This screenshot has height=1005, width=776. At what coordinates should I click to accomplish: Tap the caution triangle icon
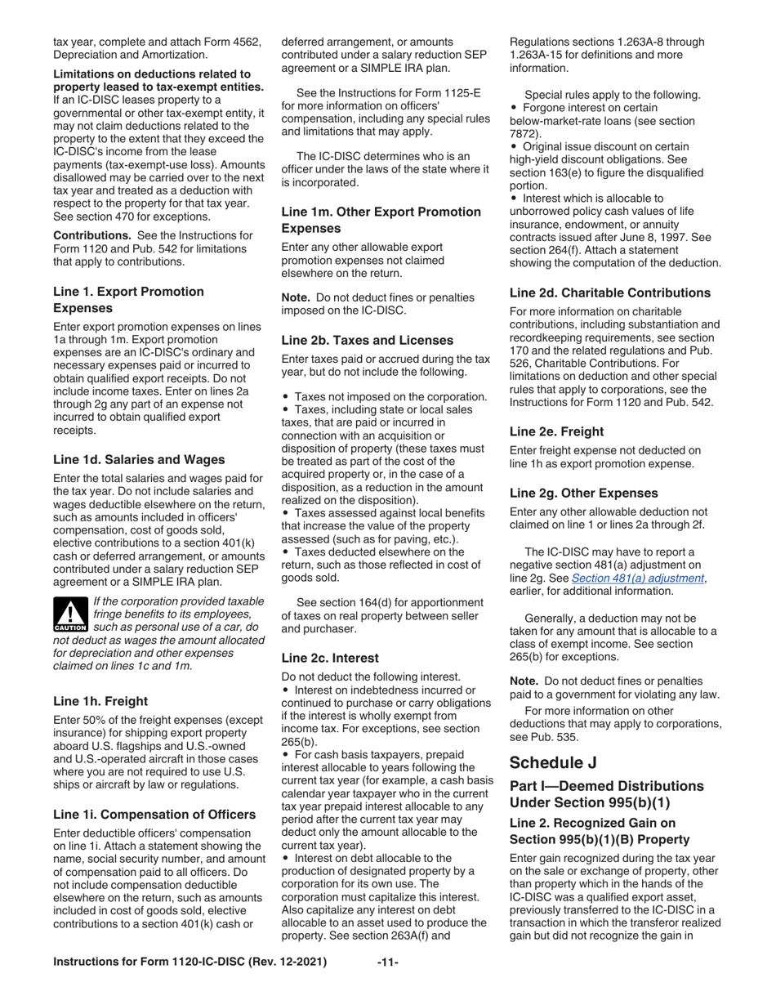coord(69,615)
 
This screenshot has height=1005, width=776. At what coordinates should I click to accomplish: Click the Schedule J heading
coord(552,762)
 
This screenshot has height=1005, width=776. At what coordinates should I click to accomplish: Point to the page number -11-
coord(387,962)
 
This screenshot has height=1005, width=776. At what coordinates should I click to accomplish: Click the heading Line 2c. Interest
coord(329,657)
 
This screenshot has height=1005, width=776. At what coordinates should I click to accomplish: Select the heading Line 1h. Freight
coord(100,700)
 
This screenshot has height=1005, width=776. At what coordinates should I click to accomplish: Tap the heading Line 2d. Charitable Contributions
coord(609,292)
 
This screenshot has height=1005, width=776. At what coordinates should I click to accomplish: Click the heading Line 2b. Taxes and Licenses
coord(367,339)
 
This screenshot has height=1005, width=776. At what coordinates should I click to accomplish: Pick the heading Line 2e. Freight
coord(556,431)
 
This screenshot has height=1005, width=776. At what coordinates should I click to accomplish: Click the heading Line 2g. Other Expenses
coord(583,493)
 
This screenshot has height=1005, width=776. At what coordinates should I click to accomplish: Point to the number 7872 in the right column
coord(524,134)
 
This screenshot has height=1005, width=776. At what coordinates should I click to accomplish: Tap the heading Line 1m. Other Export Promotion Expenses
coord(381,220)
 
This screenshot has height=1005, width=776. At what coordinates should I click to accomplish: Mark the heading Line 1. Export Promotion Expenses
coord(128,300)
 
